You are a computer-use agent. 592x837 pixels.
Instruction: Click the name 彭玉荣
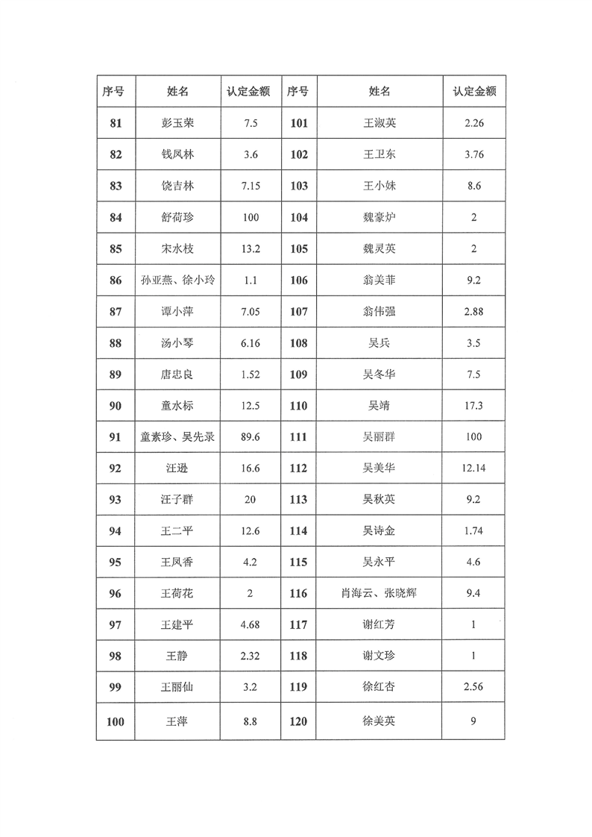177,123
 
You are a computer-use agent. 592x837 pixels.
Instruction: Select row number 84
116,217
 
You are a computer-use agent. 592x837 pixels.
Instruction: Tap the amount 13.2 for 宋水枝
251,248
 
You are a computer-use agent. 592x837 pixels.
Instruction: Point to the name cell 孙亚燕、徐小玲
177,280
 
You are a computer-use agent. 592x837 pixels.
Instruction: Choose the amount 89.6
251,437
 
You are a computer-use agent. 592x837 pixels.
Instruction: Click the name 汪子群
177,499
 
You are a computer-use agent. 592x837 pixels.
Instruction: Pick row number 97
116,624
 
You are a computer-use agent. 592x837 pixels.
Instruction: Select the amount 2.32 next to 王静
251,656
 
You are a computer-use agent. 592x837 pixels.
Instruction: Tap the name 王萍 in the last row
177,721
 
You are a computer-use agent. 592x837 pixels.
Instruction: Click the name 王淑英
380,123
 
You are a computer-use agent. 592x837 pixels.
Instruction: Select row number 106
298,280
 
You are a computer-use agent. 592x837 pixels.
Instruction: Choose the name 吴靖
380,406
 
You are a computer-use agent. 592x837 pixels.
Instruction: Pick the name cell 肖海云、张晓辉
380,594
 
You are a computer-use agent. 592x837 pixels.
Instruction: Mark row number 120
298,721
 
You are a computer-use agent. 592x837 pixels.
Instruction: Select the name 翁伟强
380,311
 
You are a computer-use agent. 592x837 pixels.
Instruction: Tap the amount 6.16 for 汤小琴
251,342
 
